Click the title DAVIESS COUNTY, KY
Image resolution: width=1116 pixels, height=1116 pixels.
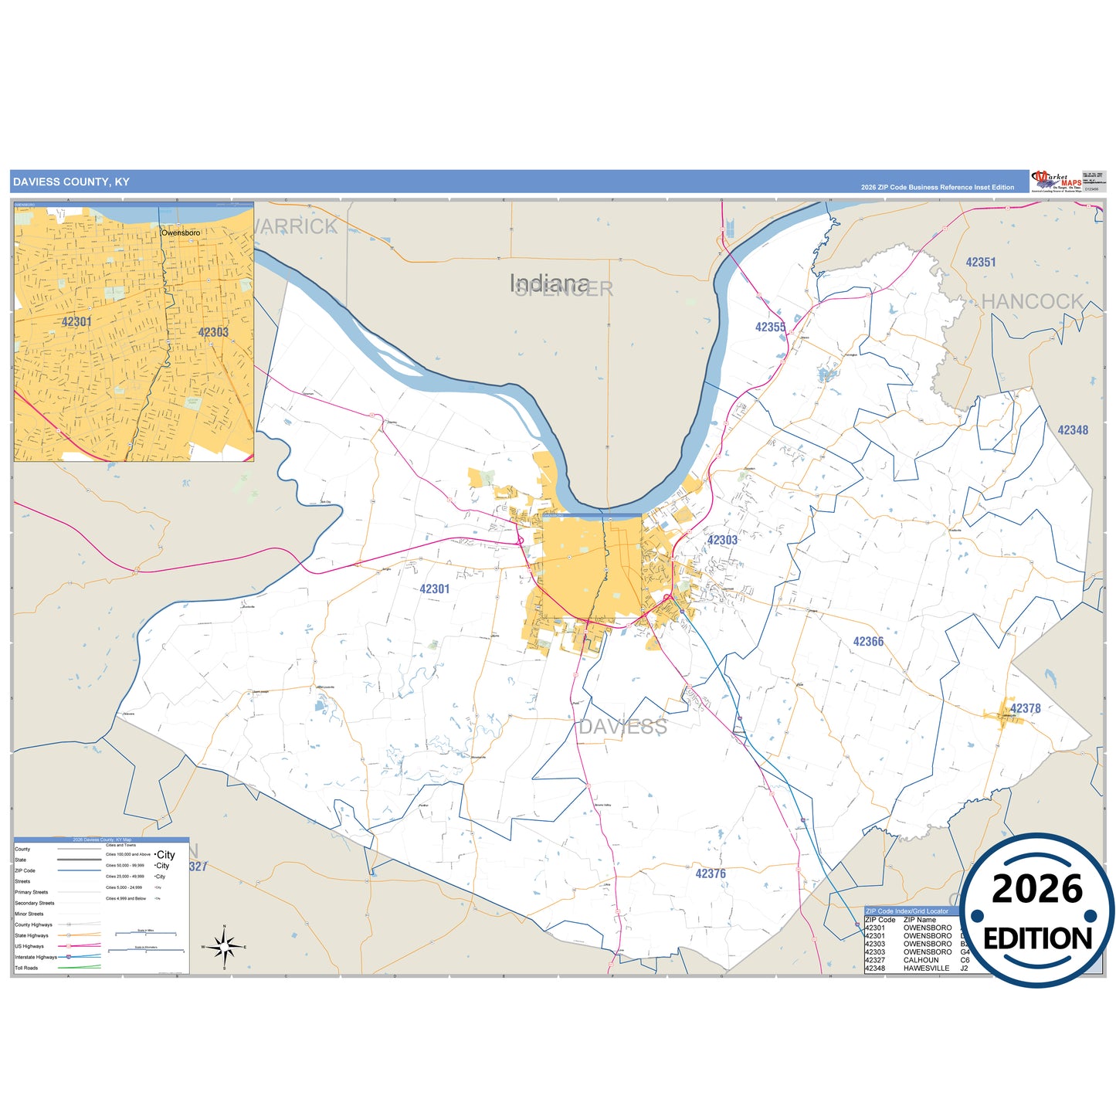71,182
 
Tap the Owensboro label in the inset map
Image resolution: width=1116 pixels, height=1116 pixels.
181,232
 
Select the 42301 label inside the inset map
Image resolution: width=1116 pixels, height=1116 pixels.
76,322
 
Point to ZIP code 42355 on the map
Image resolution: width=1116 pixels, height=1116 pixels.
770,327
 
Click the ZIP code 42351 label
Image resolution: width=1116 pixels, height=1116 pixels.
980,263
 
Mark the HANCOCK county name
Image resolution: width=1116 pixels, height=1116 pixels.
1032,302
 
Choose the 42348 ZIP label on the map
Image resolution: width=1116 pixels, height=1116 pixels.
1072,430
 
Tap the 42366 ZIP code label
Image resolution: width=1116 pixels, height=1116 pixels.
868,642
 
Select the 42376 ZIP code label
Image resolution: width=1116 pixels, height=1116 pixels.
710,873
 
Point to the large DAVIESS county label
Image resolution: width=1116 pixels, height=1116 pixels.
622,727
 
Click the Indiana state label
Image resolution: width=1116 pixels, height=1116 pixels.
549,283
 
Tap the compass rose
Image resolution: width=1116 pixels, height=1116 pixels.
224,946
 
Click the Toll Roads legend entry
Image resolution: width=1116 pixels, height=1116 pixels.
26,968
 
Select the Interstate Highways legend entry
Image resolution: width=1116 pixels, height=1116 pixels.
36,957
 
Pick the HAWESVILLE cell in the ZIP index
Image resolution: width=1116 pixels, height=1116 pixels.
926,968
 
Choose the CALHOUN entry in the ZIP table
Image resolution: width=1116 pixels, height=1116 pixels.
921,960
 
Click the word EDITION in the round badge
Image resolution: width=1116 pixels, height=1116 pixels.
1037,938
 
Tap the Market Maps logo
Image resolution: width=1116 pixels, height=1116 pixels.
1056,181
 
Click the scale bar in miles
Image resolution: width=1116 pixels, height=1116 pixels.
146,935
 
